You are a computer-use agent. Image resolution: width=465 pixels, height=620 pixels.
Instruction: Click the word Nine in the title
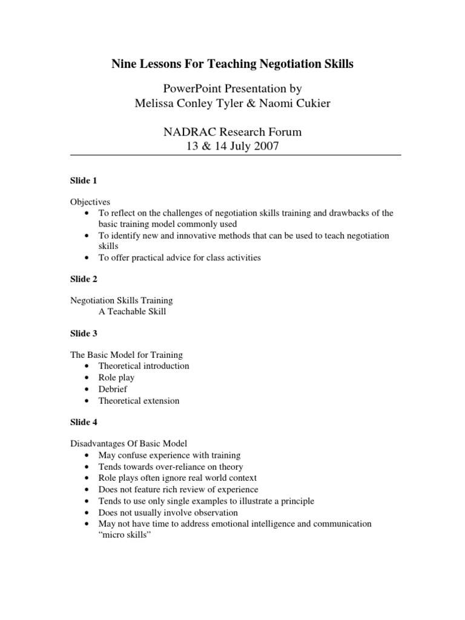tap(124, 64)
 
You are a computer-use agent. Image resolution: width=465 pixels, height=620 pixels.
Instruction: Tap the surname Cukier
tap(312, 104)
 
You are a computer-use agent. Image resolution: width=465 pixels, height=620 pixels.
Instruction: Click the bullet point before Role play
tap(88, 378)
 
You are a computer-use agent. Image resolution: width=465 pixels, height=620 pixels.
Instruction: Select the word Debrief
tap(113, 389)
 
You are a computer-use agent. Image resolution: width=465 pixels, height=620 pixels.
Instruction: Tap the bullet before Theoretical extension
tap(88, 400)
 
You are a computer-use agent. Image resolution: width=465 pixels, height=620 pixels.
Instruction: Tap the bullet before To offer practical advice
tap(88, 257)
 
